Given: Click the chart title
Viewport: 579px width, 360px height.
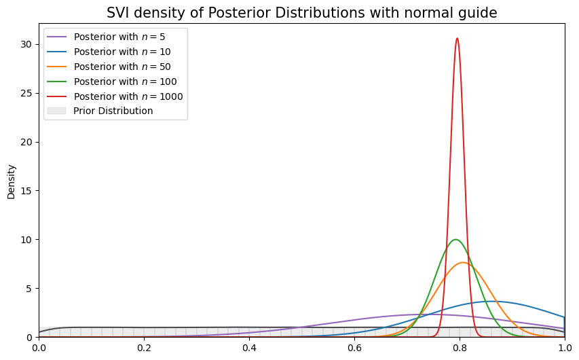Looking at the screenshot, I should [301, 13].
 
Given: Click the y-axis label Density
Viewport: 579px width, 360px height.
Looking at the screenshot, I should [11, 181].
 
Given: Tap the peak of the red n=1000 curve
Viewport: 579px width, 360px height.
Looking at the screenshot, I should [457, 38].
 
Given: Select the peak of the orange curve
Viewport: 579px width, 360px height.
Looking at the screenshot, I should [464, 262].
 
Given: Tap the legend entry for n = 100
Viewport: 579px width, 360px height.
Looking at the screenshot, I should [115, 82].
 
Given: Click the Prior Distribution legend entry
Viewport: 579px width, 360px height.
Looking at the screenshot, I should [113, 111].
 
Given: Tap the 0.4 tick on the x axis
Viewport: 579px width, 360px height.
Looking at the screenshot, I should [249, 346].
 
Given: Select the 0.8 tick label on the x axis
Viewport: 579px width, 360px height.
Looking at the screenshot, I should [460, 346].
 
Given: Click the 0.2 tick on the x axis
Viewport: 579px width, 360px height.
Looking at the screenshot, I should [144, 346].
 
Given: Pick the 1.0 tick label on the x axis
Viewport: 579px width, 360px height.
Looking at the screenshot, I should [564, 346].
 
